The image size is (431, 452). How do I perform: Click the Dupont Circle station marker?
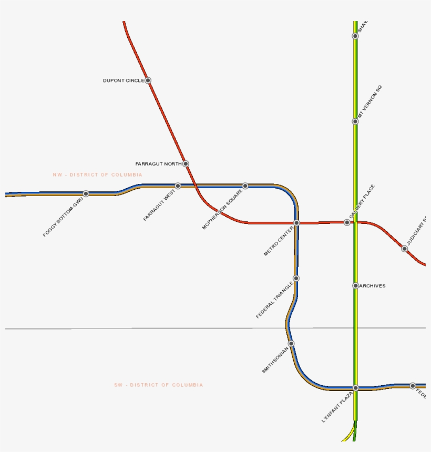click(x=148, y=80)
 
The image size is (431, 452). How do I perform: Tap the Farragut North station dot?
click(x=186, y=164)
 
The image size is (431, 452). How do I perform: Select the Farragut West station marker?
click(x=178, y=186)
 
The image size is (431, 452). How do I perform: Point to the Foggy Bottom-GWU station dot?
click(x=86, y=193)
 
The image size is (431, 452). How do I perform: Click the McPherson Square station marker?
click(x=245, y=186)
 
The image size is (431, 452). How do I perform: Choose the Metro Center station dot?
click(x=296, y=223)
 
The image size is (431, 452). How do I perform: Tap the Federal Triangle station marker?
click(x=296, y=278)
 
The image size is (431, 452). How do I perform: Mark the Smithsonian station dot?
click(x=291, y=344)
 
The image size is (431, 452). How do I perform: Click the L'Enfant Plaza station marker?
click(x=355, y=388)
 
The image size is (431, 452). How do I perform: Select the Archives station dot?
click(x=355, y=286)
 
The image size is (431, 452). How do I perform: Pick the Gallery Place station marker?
click(x=347, y=222)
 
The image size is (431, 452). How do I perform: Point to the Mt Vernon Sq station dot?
click(x=355, y=121)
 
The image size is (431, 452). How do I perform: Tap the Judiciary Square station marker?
click(x=404, y=249)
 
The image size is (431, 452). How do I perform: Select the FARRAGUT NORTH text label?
click(x=158, y=164)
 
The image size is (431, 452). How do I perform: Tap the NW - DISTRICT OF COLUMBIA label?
click(x=97, y=174)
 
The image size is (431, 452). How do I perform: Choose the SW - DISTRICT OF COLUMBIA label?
click(x=158, y=385)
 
